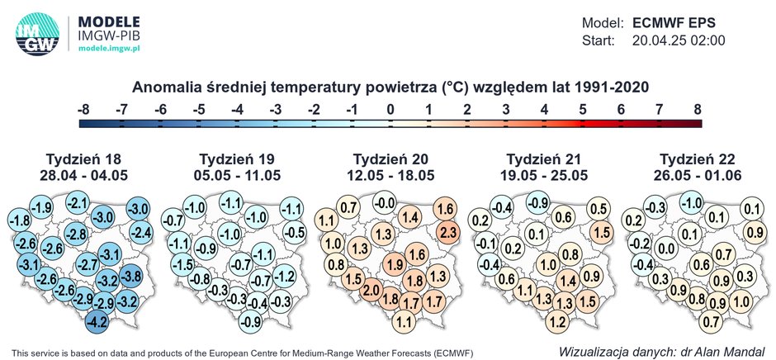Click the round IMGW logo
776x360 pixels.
(x=37, y=34)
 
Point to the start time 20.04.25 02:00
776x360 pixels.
(x=679, y=40)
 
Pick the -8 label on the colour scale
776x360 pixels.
(x=83, y=109)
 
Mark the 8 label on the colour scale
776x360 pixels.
(x=698, y=109)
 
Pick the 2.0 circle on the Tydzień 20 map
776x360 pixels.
(x=371, y=291)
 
